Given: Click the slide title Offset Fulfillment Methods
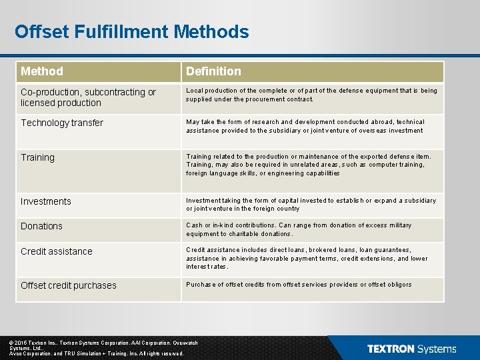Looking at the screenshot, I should point(131,32).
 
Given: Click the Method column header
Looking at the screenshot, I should point(42,71).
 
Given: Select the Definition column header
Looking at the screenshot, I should point(213,71).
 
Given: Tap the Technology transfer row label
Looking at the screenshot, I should point(62,123).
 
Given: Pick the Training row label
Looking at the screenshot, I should point(37,157).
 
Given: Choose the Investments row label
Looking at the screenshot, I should point(45,201).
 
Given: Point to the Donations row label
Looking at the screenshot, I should point(41,226).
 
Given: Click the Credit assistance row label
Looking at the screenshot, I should point(57,251).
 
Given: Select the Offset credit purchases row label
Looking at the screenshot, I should point(69,285).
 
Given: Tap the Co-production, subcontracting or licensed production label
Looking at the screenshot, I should point(88,97).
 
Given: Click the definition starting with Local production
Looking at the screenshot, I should point(311,95).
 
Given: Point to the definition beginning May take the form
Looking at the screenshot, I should point(305,126).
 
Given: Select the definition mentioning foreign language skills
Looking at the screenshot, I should point(309,165).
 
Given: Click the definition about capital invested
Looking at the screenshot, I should point(311,204).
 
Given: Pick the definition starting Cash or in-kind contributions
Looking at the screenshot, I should point(299,229).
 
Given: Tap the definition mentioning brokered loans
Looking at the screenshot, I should point(307,258).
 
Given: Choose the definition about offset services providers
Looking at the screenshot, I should point(299,285).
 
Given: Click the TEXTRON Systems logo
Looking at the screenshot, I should point(411,349).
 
